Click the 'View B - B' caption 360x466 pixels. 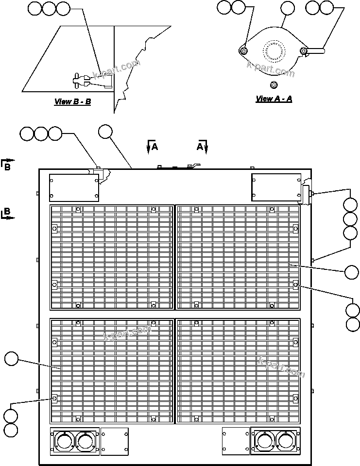[72, 102]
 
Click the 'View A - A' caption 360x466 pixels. [274, 99]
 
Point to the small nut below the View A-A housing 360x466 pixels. [273, 85]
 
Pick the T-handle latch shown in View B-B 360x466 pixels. [80, 81]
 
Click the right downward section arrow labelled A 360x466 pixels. [205, 146]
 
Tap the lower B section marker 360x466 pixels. [7, 214]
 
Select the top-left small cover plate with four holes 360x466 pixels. [74, 188]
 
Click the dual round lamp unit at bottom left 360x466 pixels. [75, 441]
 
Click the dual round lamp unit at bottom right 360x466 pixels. [275, 441]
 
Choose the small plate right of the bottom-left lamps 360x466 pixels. [115, 441]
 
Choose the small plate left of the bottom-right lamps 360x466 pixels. [236, 441]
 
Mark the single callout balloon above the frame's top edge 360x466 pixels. [105, 131]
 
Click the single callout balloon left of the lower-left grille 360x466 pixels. [11, 359]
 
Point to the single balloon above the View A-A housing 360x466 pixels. [288, 7]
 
